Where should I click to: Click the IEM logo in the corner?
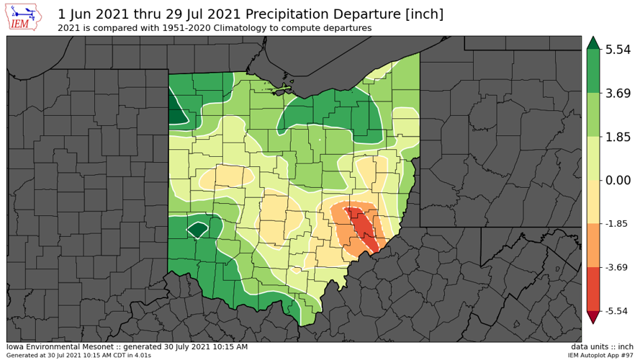pos(27,17)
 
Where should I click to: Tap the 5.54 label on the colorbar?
pos(618,50)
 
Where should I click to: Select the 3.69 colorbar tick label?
pos(618,93)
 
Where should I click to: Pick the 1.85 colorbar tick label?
pos(618,136)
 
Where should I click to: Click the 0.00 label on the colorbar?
pos(618,180)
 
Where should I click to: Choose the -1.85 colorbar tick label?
pos(618,223)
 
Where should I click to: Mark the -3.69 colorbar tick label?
pos(618,267)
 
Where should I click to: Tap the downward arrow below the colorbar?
pos(592,317)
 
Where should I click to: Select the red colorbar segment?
pos(592,288)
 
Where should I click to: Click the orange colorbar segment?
pos(592,245)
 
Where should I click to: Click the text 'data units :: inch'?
pos(602,347)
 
